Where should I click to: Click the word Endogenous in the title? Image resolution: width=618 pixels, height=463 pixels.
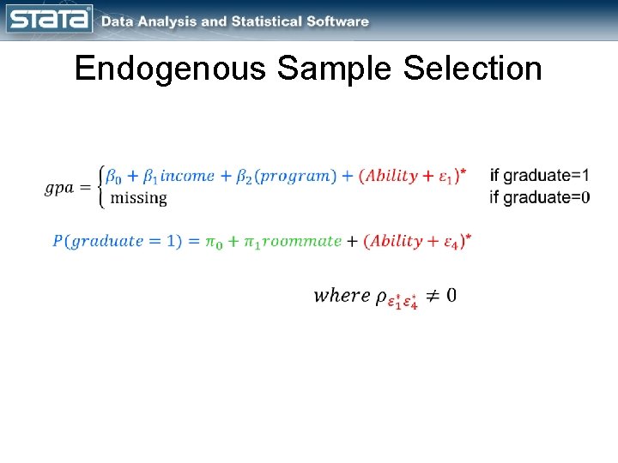coord(170,69)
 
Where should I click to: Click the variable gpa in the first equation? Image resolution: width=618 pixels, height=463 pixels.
coord(59,188)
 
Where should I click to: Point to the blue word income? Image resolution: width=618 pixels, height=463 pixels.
coord(187,176)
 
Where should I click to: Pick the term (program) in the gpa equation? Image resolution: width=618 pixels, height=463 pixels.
coord(297,176)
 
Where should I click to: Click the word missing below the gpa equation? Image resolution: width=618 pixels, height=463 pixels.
coord(139,198)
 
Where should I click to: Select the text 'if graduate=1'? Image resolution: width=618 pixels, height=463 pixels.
coord(539,176)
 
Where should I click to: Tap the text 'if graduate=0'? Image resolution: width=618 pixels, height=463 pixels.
coord(539,197)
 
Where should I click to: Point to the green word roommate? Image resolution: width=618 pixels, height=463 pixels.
coord(301,241)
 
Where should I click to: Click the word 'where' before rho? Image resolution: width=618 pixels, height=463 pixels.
coord(342,296)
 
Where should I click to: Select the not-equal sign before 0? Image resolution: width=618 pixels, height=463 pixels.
coord(433,296)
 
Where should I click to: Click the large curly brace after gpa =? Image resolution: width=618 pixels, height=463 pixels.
coord(103,186)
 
